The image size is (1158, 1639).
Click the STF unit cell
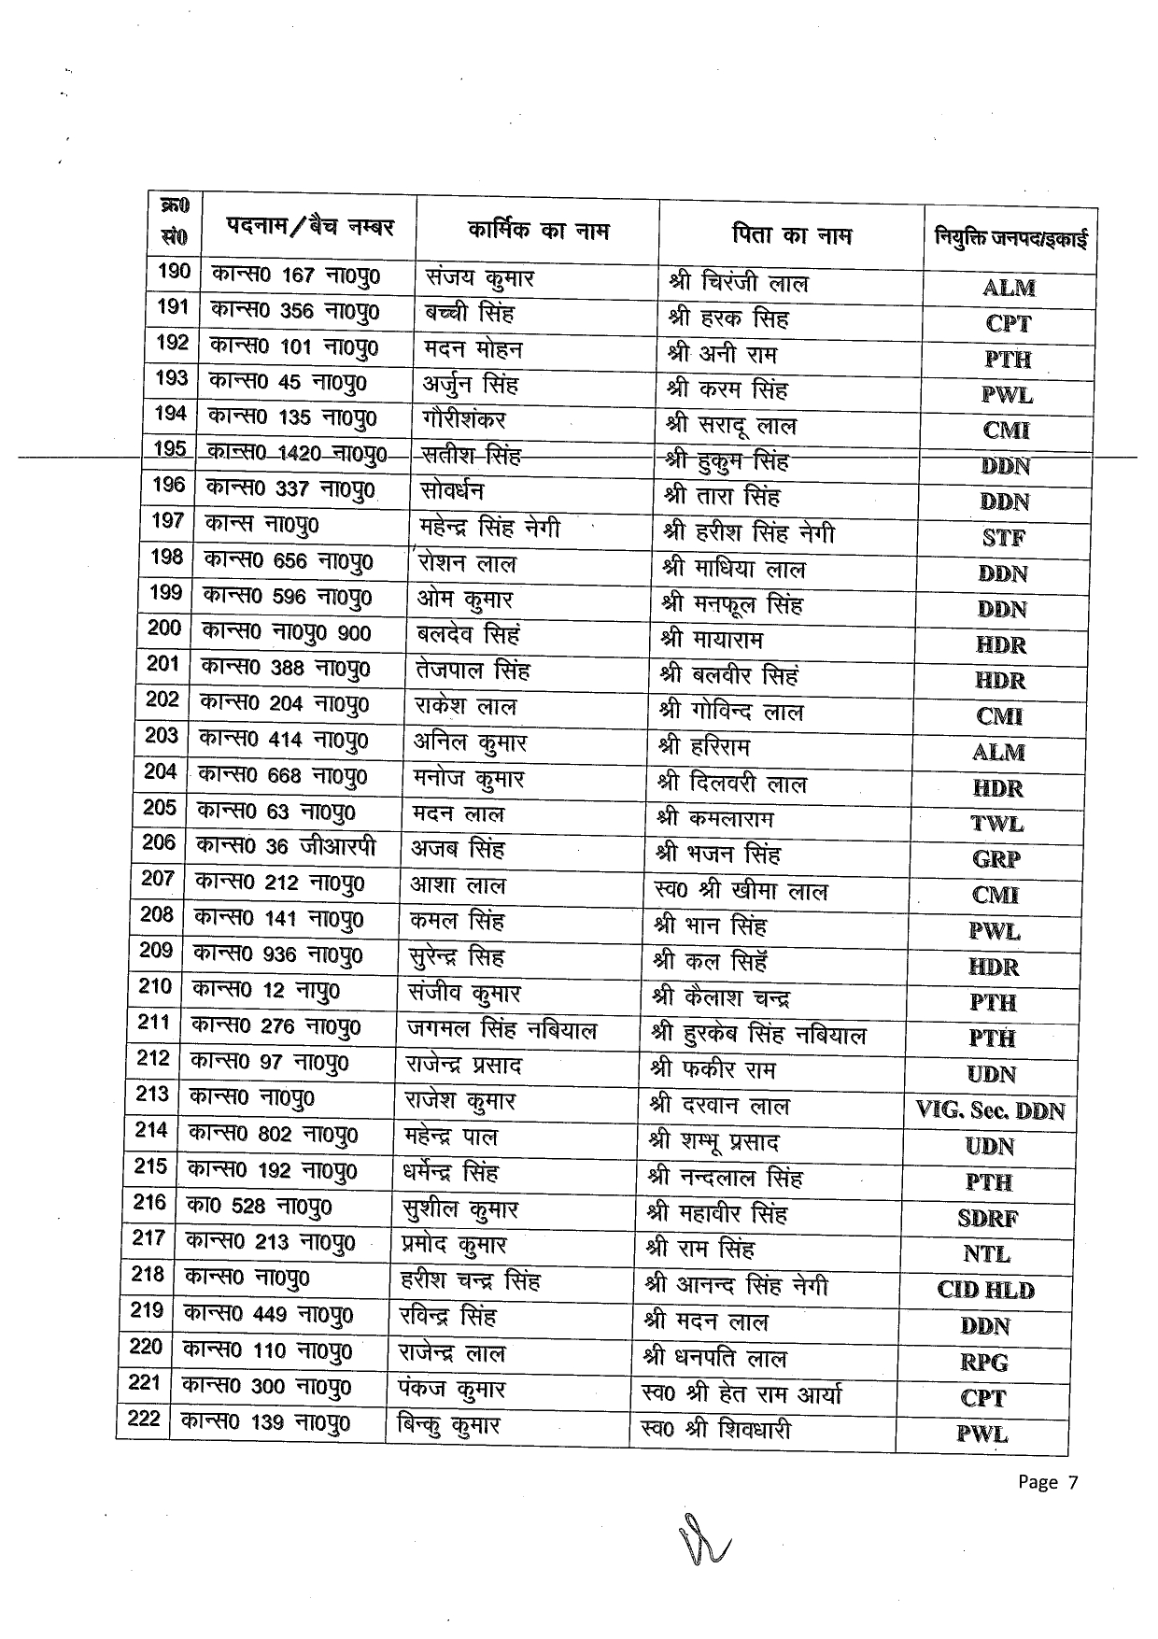1004,538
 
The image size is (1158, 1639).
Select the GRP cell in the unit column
996,860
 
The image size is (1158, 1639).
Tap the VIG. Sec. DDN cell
990,1110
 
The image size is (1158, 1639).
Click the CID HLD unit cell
985,1291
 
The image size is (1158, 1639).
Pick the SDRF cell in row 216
987,1219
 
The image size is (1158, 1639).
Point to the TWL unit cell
996,824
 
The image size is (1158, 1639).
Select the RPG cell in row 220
984,1363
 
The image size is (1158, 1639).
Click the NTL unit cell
986,1254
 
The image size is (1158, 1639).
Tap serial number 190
174,272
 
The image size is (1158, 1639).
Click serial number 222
144,1420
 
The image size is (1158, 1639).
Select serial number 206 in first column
159,843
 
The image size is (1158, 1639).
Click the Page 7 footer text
1048,1482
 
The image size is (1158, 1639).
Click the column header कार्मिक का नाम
538,230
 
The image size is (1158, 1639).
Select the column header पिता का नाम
792,235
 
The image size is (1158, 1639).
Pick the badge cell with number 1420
295,453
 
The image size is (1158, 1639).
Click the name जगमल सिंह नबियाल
501,1030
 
